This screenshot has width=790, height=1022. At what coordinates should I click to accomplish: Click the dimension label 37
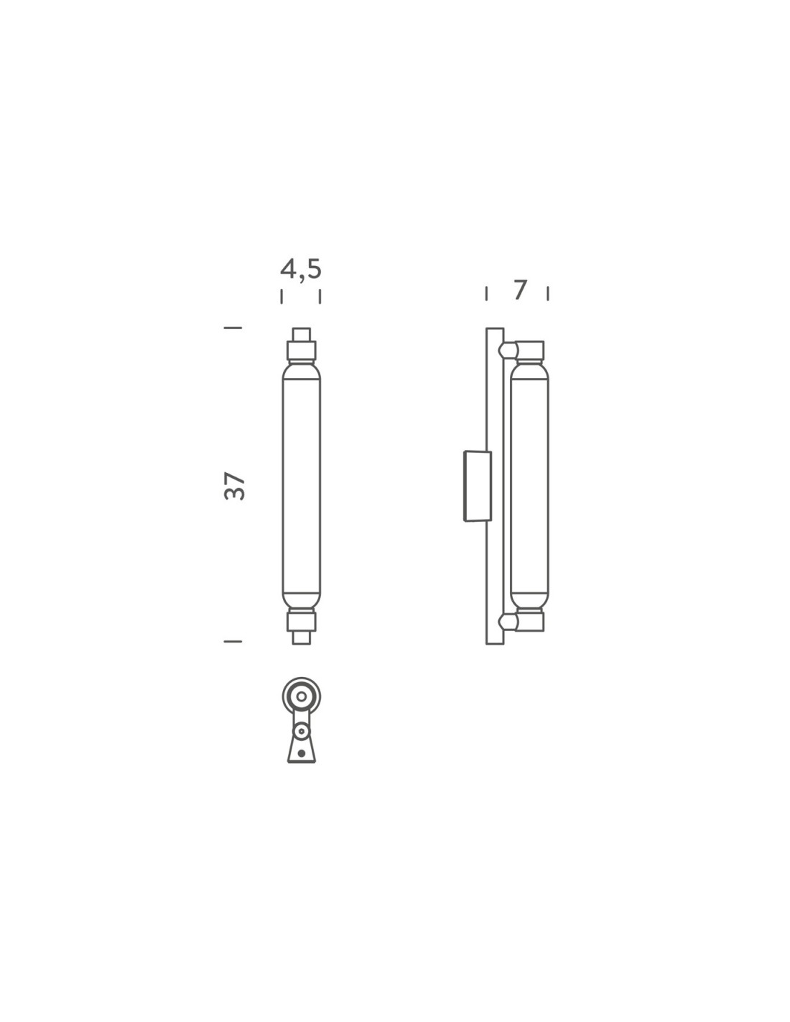(x=235, y=486)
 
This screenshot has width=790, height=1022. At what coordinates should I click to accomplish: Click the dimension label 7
(x=519, y=290)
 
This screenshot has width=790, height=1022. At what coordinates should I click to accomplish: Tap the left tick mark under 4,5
(x=282, y=296)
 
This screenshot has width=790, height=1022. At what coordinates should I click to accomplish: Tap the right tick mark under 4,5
(x=320, y=296)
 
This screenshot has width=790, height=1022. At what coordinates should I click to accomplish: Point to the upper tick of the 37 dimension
(x=233, y=327)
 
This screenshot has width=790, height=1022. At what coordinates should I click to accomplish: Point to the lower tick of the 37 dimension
(x=233, y=641)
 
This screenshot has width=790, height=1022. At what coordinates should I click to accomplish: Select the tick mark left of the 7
(x=486, y=293)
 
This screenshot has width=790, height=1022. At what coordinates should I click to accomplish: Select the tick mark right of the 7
(x=548, y=293)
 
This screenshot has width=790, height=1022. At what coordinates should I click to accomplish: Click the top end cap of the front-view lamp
(x=301, y=334)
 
